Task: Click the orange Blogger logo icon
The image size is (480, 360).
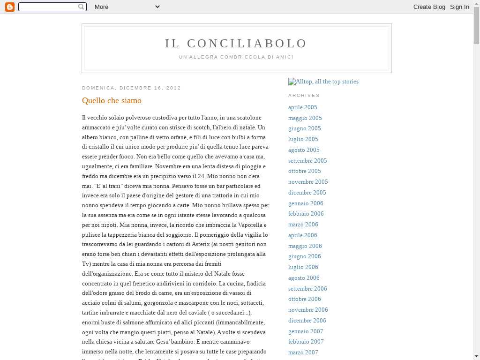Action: tap(9, 7)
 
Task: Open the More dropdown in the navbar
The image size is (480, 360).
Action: tap(127, 7)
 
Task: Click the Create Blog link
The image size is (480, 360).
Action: tap(429, 7)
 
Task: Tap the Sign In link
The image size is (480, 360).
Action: tap(459, 7)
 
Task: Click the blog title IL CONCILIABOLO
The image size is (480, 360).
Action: tap(236, 44)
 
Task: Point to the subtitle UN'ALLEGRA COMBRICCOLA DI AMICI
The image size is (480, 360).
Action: tap(236, 57)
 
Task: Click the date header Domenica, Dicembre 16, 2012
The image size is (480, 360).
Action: tap(131, 88)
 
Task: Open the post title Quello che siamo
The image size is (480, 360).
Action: tap(112, 101)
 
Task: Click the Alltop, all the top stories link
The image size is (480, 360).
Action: tap(323, 82)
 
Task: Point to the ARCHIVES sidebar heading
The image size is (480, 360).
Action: tap(304, 96)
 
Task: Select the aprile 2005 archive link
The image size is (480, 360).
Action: tap(302, 107)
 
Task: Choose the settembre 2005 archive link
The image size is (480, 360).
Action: tap(307, 161)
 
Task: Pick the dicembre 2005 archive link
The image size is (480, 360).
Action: tap(307, 193)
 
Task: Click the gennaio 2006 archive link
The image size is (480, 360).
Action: tap(306, 203)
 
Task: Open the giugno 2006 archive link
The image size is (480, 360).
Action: tap(304, 256)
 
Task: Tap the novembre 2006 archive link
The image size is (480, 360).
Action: tap(308, 310)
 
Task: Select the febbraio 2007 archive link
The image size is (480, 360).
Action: tap(306, 342)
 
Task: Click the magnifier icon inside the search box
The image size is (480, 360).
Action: tap(81, 7)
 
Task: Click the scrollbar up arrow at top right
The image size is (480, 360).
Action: tap(476, 3)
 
